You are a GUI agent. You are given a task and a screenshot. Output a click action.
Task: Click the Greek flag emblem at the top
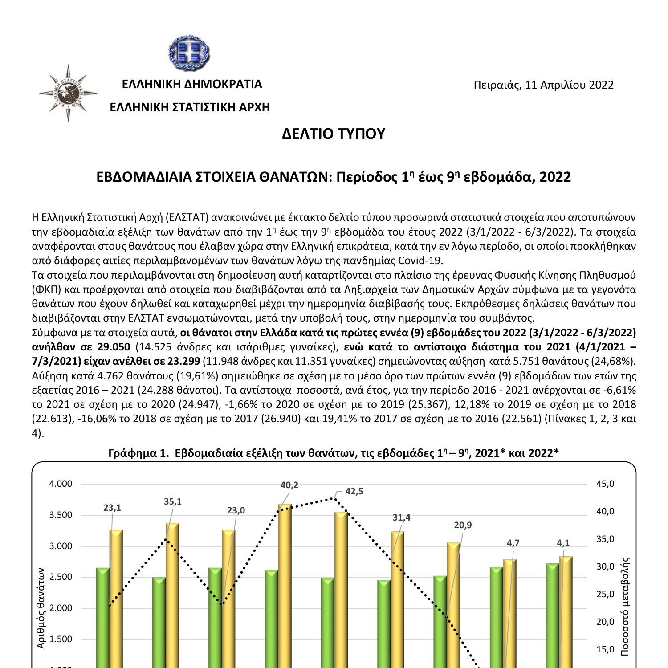[189, 52]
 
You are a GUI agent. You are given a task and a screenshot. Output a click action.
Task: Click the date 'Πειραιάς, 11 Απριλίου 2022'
[544, 85]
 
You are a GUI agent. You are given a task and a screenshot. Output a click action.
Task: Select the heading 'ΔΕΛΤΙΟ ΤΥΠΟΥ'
[333, 134]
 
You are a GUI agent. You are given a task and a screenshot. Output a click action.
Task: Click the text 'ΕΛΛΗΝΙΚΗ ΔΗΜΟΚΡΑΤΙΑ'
[192, 84]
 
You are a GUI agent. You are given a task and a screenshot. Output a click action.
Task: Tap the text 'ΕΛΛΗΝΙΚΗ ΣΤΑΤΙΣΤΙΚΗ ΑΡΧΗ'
[190, 107]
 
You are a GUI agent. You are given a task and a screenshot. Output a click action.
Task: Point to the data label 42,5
[354, 491]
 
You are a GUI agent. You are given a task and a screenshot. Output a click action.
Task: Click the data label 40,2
[289, 485]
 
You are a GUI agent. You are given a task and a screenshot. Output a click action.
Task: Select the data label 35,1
[172, 501]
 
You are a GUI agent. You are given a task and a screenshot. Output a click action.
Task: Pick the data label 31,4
[401, 517]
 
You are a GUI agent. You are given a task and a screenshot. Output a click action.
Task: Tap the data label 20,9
[463, 525]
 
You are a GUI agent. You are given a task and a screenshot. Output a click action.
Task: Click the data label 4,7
[513, 543]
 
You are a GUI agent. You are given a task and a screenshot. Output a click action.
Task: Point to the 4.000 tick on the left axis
[61, 484]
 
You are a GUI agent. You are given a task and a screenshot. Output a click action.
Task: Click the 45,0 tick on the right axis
[605, 484]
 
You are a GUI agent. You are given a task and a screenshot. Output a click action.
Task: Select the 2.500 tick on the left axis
[61, 577]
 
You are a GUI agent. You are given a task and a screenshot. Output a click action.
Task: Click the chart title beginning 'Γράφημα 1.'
[334, 453]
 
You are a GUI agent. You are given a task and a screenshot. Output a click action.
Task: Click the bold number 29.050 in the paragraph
[115, 347]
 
